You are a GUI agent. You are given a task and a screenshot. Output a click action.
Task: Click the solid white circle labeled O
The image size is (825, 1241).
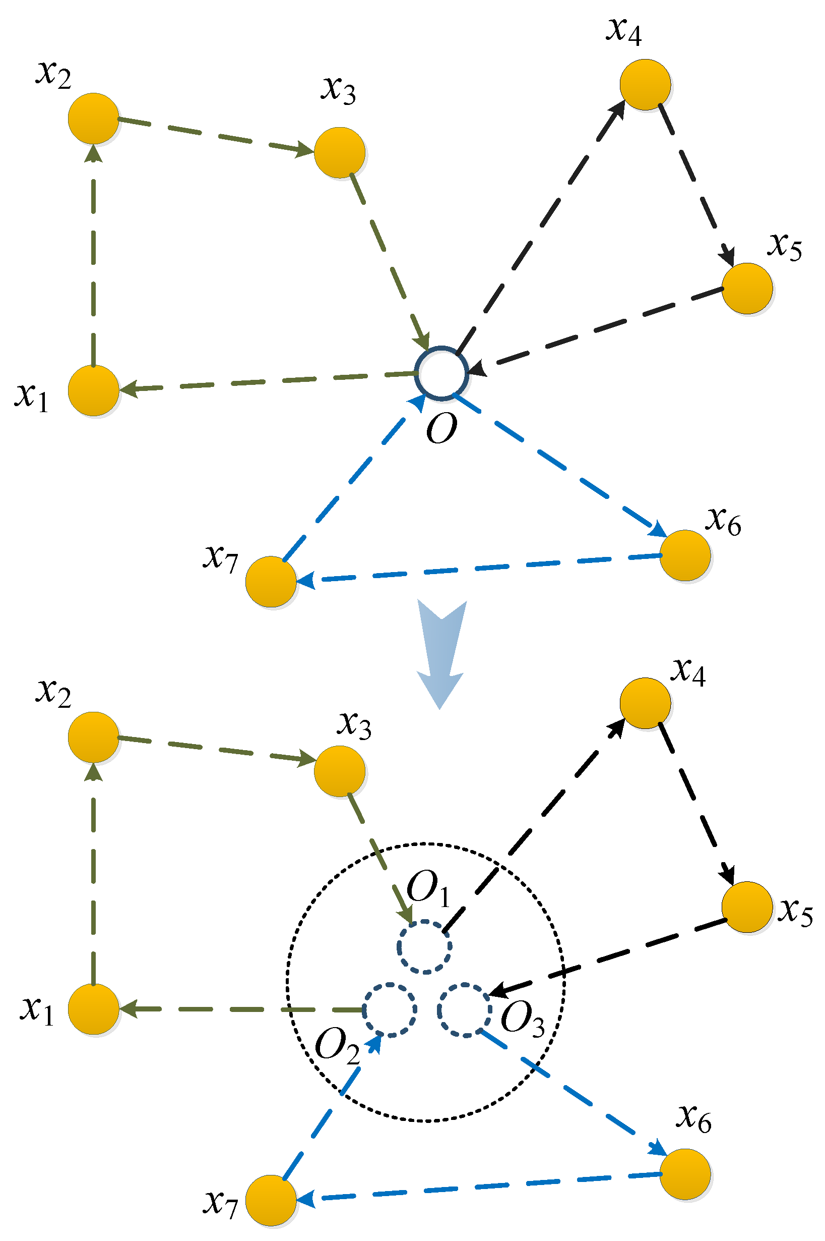[441, 373]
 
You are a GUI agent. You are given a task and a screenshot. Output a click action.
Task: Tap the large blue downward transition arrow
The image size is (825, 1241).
[441, 650]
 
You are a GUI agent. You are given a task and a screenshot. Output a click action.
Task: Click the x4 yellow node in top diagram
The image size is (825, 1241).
[645, 85]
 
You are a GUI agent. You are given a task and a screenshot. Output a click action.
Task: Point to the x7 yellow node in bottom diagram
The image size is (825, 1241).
[271, 1200]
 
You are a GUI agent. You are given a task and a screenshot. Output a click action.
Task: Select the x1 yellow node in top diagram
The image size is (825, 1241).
[94, 390]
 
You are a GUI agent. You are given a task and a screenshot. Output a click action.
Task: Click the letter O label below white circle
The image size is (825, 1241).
[441, 429]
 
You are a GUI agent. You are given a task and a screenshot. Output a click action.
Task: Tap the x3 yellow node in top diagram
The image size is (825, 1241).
[340, 153]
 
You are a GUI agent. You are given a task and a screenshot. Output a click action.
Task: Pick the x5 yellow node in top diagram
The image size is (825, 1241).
[747, 289]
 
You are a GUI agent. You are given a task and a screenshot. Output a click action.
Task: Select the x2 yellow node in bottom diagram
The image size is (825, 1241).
[94, 737]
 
